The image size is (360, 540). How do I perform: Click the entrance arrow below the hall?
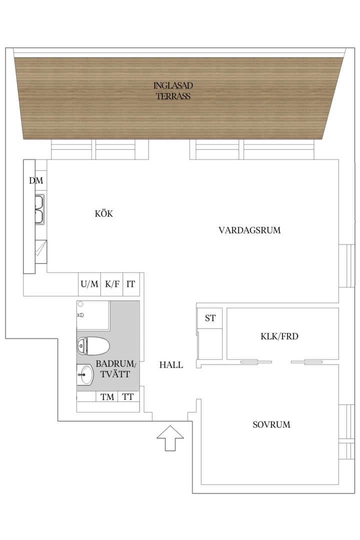click(x=170, y=437)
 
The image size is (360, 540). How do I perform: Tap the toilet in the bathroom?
click(x=93, y=346)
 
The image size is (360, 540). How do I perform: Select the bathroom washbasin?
click(x=84, y=374)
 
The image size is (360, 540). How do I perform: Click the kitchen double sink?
click(x=39, y=209)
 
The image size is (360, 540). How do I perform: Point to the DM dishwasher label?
click(x=36, y=180)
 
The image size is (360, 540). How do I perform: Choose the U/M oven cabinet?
click(x=89, y=284)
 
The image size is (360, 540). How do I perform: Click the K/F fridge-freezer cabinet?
click(x=112, y=284)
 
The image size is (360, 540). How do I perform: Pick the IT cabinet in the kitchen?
click(x=131, y=284)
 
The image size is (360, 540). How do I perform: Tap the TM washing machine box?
click(x=107, y=396)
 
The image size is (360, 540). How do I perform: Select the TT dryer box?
click(x=128, y=396)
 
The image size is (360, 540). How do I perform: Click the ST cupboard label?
click(x=210, y=318)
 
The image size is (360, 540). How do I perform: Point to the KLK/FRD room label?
click(x=279, y=336)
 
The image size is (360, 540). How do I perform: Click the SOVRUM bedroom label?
click(x=271, y=424)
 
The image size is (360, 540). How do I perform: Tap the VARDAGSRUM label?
click(x=250, y=230)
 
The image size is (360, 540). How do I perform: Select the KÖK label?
click(x=103, y=213)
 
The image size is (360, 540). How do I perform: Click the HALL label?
click(x=171, y=365)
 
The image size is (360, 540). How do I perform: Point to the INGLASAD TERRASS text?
click(x=173, y=90)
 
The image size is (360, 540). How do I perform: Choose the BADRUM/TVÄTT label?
click(x=115, y=369)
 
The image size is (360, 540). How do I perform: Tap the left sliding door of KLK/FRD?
click(x=256, y=362)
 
